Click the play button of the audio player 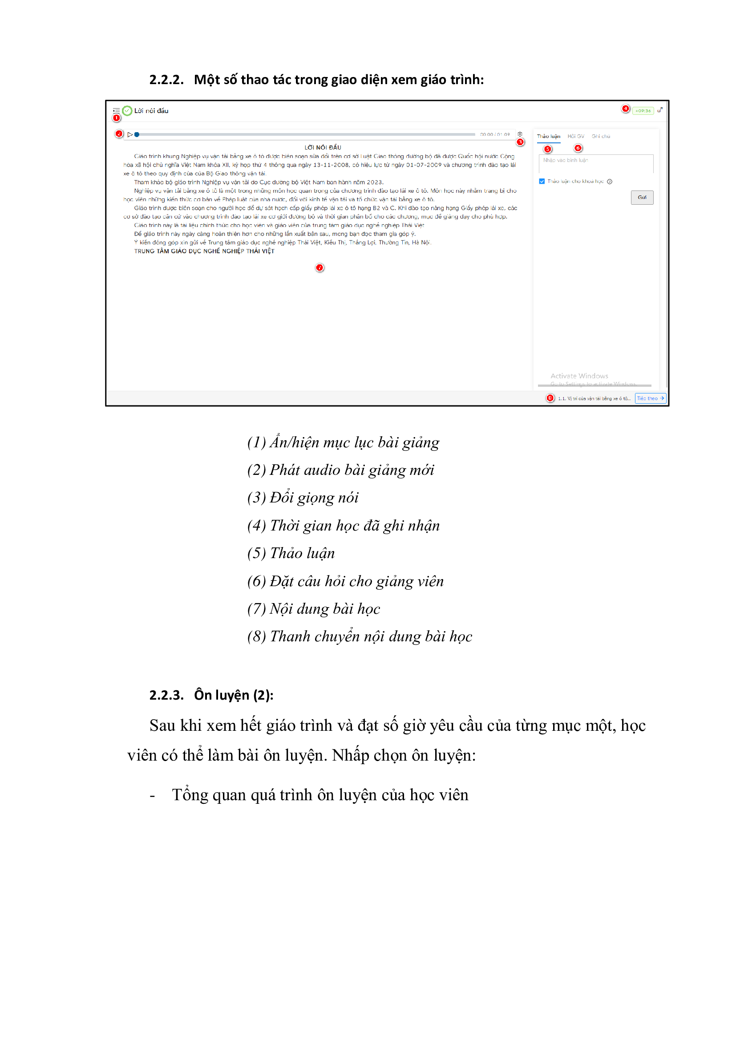130,135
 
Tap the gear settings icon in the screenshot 520,134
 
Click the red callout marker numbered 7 319,268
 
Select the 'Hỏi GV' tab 575,137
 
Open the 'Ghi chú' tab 600,137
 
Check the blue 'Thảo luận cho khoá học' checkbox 542,181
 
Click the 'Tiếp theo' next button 651,398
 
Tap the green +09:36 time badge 643,111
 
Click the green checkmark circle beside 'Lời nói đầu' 127,111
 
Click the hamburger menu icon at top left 117,110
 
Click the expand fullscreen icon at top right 660,110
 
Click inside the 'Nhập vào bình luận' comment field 595,163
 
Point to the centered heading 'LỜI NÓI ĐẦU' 323,147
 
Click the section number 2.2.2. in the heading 166,80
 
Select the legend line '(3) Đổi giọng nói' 303,498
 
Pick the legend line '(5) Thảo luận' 291,553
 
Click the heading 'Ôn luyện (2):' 234,695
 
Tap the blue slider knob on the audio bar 137,135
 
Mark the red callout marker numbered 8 550,398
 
